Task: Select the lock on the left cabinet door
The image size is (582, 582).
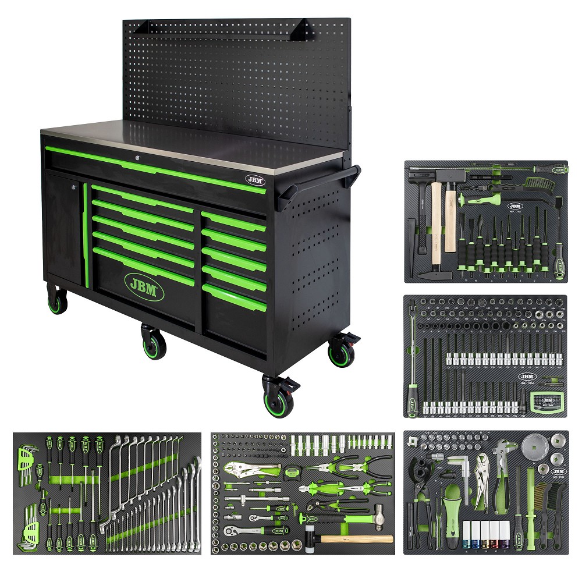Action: [x=73, y=187]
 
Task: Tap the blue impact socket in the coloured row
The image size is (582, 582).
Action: [x=466, y=533]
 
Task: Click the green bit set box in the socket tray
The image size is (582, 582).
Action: [x=547, y=402]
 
